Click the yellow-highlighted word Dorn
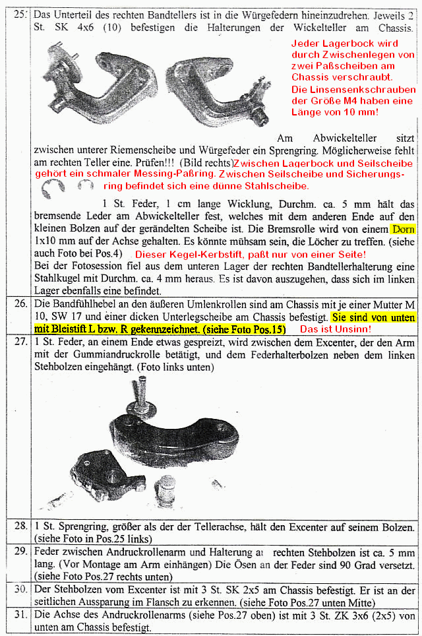403,230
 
